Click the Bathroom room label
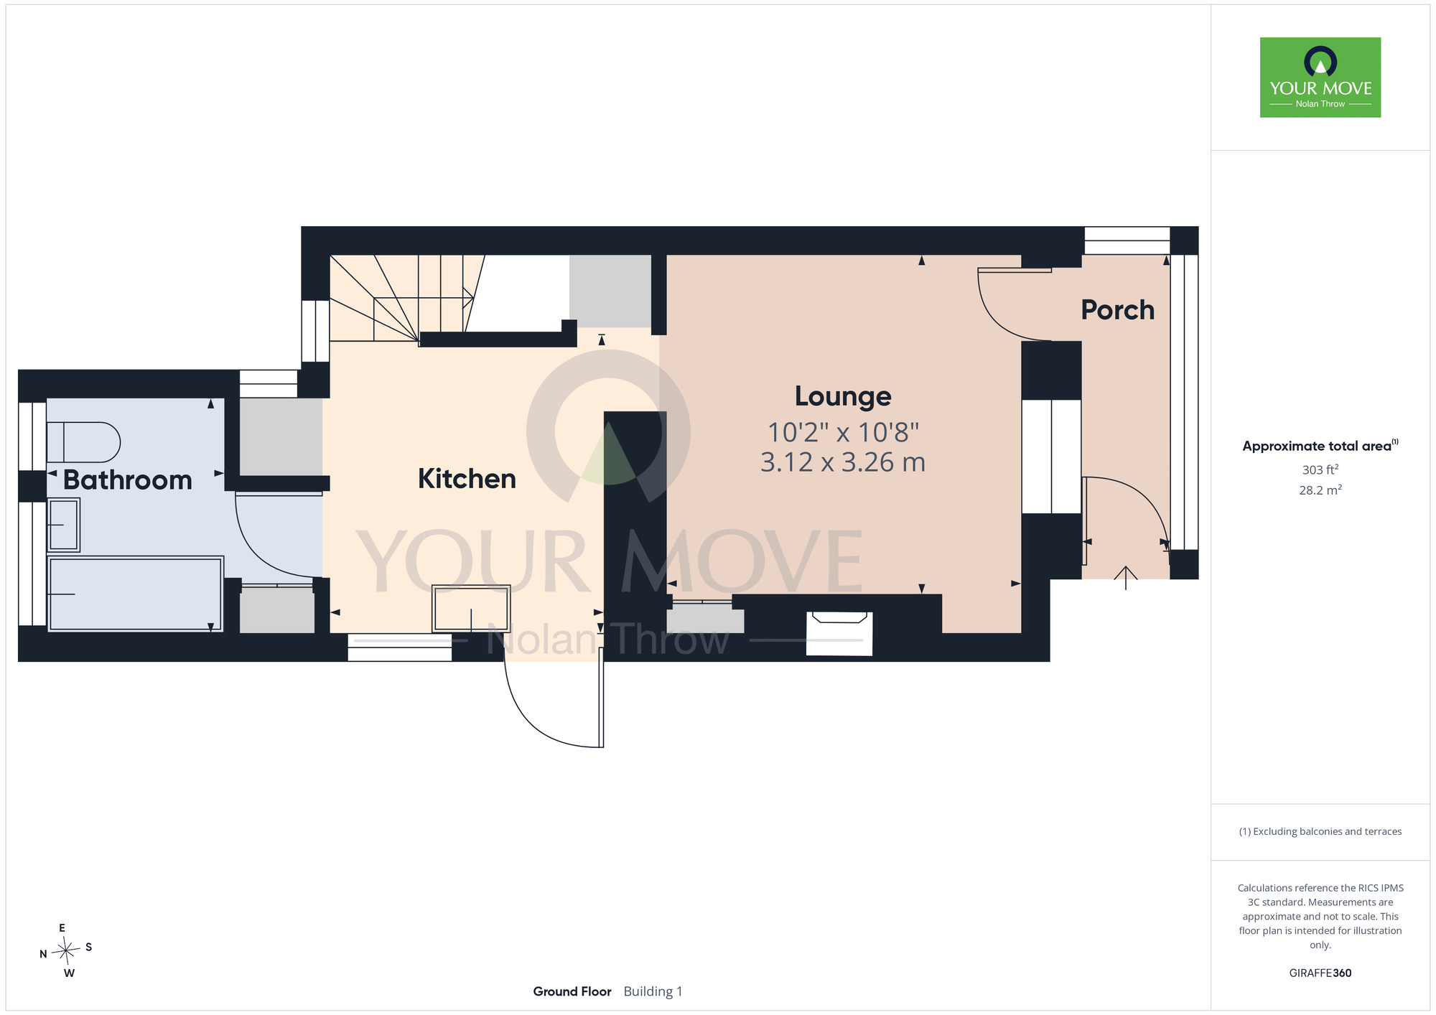[128, 480]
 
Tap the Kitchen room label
[467, 479]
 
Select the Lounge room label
[843, 396]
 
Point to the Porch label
[1118, 310]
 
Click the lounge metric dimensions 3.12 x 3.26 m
[843, 462]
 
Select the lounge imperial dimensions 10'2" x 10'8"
[843, 432]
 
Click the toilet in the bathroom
[83, 442]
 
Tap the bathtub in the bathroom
[135, 594]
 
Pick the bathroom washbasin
[63, 525]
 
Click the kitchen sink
[471, 609]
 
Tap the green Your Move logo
[1320, 78]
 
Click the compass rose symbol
[66, 951]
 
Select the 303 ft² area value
[1320, 469]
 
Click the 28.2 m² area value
[1320, 490]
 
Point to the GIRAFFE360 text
[1320, 973]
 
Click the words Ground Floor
[572, 991]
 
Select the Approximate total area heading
[1320, 446]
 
